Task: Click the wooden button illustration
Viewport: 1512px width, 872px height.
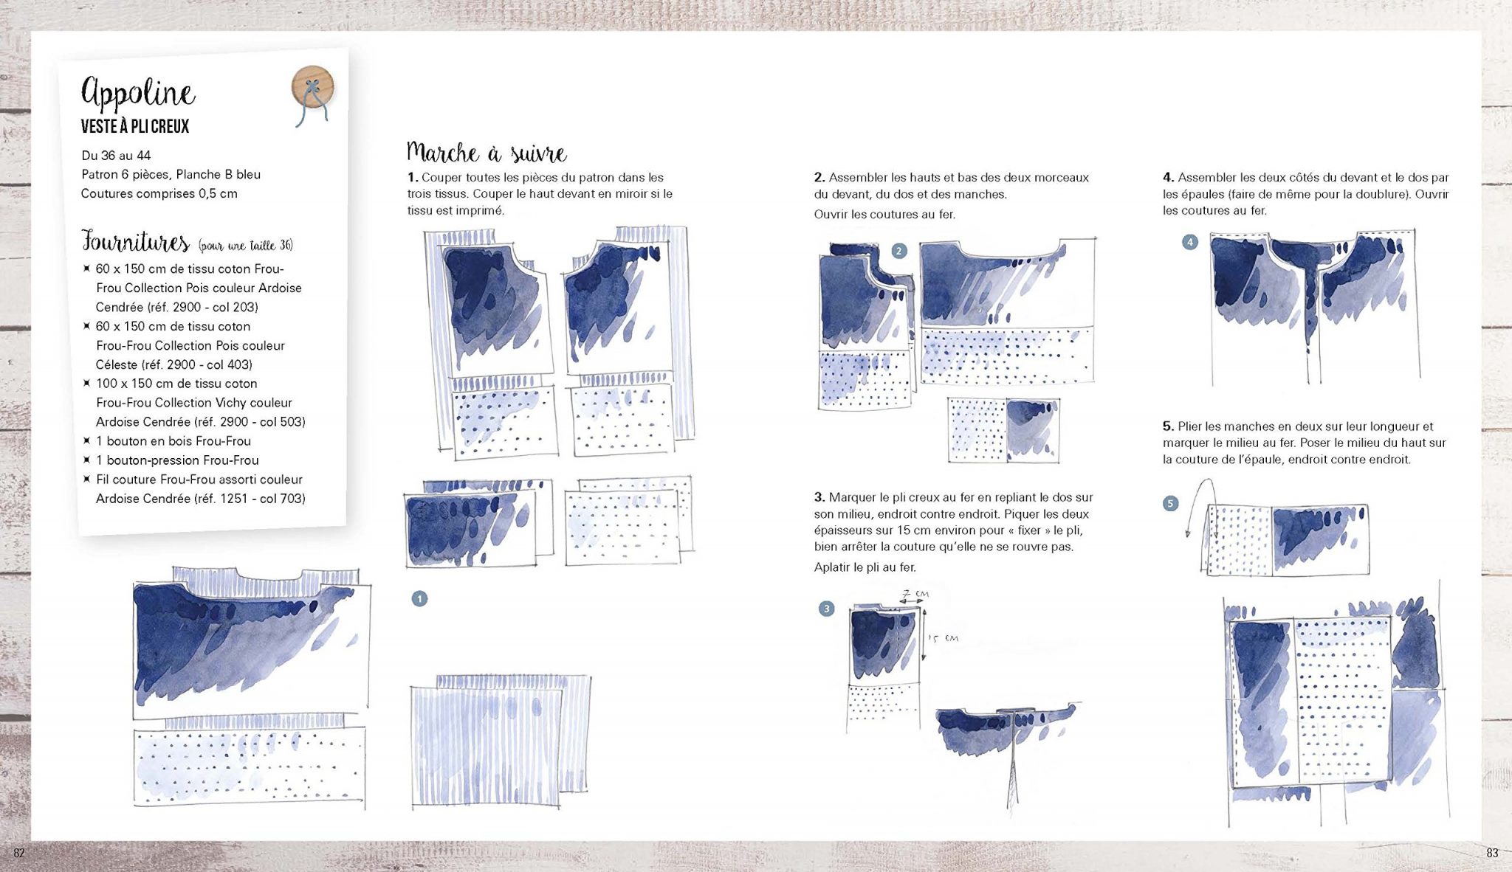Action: pos(313,88)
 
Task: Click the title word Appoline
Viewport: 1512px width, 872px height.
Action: pos(138,94)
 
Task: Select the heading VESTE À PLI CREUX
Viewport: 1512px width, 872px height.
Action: pos(135,127)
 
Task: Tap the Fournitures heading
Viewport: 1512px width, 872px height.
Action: pos(135,242)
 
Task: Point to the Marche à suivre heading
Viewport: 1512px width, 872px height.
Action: pos(487,153)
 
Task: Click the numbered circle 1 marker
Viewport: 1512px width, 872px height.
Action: pos(419,598)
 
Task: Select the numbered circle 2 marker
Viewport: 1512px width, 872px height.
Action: pos(898,251)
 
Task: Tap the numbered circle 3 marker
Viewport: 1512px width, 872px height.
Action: pos(826,609)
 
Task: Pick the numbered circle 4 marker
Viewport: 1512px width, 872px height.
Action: pos(1189,242)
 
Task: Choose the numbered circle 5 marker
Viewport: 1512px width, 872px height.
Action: pos(1170,504)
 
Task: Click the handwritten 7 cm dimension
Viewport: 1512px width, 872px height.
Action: pos(915,594)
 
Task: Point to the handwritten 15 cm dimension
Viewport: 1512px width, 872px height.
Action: pos(943,638)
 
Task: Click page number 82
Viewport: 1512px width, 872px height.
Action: pos(20,853)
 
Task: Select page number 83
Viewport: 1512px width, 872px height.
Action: pos(1492,853)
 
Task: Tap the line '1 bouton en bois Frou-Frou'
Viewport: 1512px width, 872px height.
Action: pos(173,441)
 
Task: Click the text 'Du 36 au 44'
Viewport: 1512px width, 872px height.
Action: pos(116,156)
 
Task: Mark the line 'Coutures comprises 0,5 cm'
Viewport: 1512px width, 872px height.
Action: pos(159,194)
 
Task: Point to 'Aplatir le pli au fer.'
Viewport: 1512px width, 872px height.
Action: pos(865,567)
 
